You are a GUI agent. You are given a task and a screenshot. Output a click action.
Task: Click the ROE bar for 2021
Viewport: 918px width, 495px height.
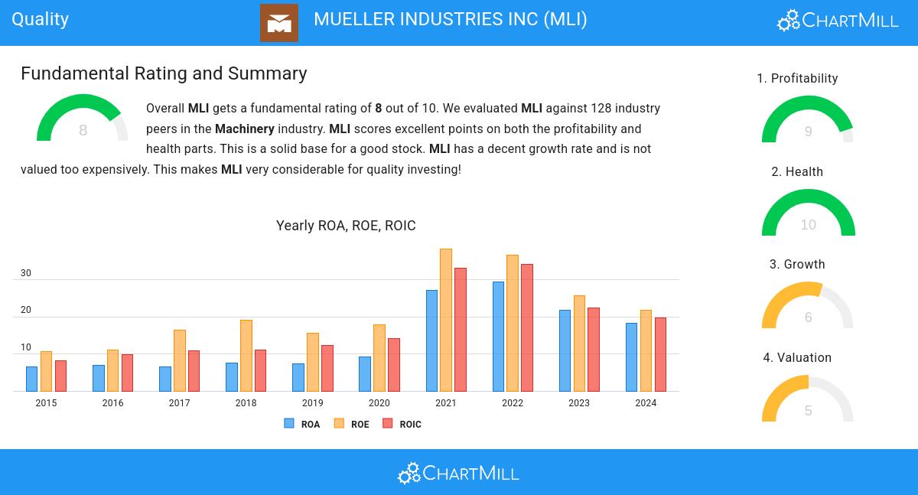[x=446, y=320]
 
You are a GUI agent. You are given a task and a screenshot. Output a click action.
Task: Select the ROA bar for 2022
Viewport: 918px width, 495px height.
[x=499, y=337]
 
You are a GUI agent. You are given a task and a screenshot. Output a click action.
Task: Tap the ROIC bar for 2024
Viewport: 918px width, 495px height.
[x=660, y=354]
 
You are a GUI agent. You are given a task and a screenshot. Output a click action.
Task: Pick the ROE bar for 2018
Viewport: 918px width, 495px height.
[x=246, y=356]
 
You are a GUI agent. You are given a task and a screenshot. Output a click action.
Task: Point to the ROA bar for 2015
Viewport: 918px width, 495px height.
[x=31, y=379]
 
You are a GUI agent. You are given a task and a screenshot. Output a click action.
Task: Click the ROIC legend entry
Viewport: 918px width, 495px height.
[x=402, y=424]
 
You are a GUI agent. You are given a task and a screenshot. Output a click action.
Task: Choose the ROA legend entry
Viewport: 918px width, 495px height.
[x=302, y=424]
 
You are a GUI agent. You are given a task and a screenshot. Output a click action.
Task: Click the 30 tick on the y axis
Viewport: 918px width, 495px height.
[x=26, y=273]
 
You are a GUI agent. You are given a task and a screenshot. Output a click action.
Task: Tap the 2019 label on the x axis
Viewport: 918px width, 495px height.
[x=312, y=403]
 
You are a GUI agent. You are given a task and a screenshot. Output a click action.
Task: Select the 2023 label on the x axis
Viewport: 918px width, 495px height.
[x=579, y=403]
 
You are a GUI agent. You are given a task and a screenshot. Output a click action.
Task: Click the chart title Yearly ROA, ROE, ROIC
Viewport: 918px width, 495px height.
[x=346, y=226]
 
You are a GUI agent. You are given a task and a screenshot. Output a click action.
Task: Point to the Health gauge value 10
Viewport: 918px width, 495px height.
[x=809, y=225]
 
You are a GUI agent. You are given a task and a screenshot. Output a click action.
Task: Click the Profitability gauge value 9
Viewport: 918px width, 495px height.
[x=808, y=132]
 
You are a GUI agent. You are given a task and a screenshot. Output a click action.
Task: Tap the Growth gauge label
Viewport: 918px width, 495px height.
[x=797, y=265]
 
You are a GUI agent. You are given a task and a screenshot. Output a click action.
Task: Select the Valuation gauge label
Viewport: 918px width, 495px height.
[x=797, y=358]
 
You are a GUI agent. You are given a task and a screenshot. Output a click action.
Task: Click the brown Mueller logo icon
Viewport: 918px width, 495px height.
[x=279, y=23]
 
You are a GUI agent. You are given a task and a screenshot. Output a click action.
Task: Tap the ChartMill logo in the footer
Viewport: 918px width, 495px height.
[x=458, y=473]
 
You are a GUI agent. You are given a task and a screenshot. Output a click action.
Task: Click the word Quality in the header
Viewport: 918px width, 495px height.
[x=41, y=19]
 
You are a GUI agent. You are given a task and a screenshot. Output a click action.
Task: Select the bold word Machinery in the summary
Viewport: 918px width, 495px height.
[x=245, y=129]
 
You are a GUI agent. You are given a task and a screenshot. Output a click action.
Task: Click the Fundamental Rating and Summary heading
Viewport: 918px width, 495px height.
[x=164, y=73]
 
